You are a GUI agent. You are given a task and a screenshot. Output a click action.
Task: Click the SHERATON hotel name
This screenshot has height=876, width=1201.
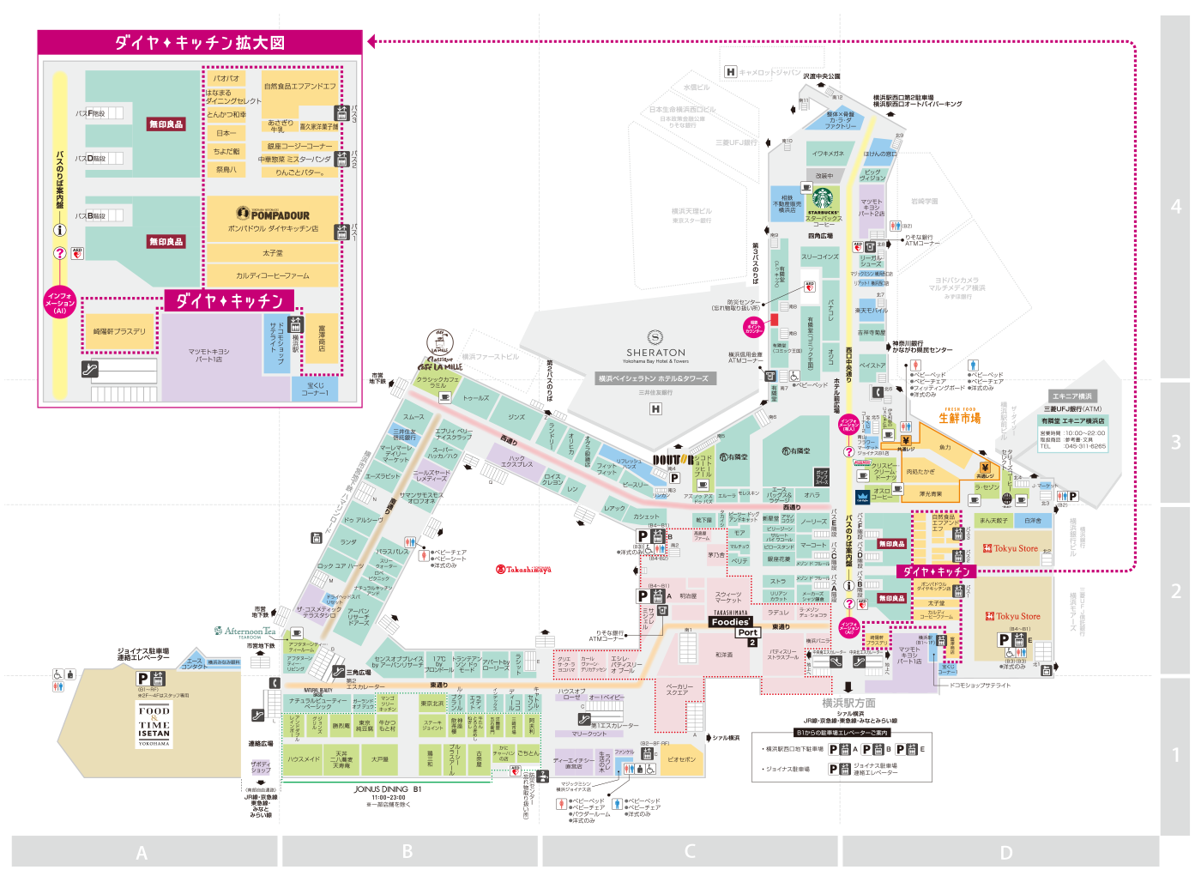coord(655,352)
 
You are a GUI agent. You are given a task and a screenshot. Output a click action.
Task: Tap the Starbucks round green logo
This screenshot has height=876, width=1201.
coord(823,199)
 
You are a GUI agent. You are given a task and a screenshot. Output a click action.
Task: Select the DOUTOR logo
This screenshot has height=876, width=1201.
coord(673,461)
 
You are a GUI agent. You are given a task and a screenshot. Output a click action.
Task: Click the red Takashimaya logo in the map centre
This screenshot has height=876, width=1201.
coord(523,569)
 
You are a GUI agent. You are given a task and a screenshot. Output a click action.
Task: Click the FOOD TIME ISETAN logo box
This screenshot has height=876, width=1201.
coord(154,725)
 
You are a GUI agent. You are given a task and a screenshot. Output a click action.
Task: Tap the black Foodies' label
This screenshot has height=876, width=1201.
coord(730,622)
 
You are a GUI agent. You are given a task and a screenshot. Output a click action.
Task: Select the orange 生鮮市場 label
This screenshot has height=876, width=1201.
coord(959,418)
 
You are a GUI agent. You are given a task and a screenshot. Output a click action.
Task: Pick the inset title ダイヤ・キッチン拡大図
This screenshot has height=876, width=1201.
coord(199,43)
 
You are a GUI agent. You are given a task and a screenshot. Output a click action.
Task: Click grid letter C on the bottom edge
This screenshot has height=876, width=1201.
coord(690,851)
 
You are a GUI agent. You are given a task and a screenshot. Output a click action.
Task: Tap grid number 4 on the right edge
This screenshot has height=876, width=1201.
coord(1176,207)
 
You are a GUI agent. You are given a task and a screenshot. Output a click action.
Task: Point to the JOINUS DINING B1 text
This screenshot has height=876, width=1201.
coord(388,789)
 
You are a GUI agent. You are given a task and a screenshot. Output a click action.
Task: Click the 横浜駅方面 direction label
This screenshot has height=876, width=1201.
coord(848,703)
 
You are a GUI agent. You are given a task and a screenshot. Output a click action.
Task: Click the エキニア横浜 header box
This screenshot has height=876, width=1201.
coord(1072,396)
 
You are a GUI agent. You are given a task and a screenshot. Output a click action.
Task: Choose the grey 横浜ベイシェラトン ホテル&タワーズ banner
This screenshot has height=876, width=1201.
coord(654,378)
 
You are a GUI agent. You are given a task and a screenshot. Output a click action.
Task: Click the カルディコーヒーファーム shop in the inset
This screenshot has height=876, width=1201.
coord(273,275)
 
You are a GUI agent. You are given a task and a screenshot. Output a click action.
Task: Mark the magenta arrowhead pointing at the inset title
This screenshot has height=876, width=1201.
coord(371,41)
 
